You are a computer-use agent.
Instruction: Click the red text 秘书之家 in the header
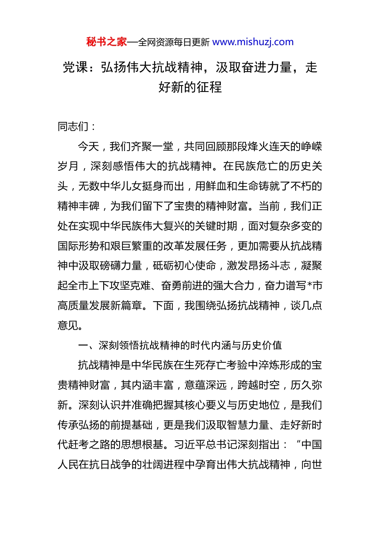106,42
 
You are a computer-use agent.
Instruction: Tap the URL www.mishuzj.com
253,42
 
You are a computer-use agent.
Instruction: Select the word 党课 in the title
75,67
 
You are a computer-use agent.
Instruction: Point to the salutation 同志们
73,127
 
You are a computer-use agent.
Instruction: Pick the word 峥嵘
312,147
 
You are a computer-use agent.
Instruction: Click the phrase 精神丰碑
78,206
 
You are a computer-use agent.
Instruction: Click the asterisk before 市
309,285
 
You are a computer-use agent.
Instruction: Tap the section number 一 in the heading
83,345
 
